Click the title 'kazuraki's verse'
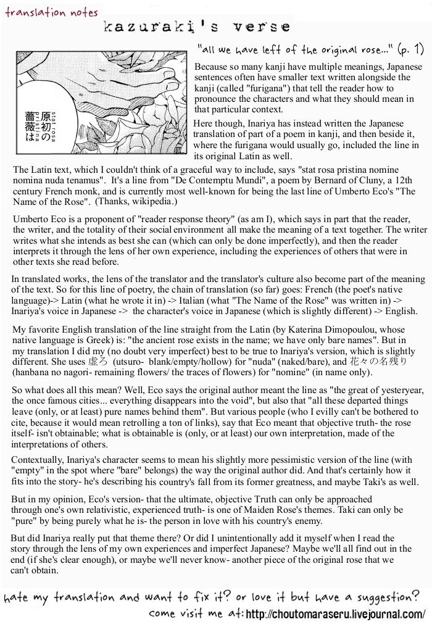(197, 27)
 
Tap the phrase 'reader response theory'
(188, 220)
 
